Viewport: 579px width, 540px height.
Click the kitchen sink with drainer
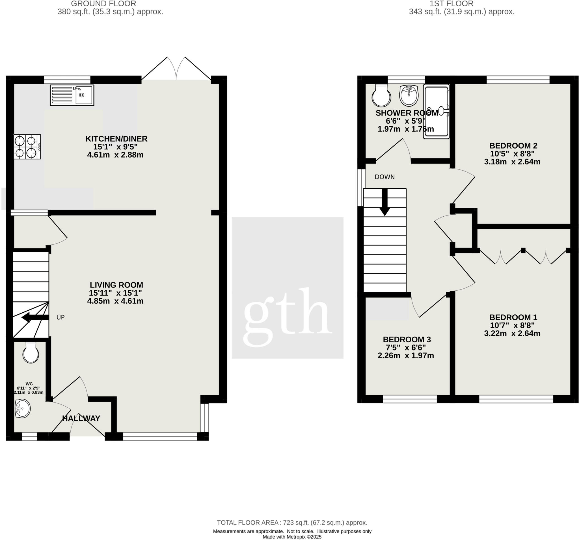[72, 95]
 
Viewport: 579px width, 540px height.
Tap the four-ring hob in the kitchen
[27, 147]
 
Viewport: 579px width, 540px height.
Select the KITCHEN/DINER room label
[116, 139]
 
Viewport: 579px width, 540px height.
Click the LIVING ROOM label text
[116, 285]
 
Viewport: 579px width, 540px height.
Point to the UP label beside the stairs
[60, 317]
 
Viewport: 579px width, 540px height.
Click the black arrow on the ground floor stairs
[35, 317]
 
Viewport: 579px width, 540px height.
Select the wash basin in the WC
[22, 408]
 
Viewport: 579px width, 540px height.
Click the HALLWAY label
[81, 418]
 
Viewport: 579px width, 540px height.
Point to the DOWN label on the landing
[384, 177]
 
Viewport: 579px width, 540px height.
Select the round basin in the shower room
[409, 96]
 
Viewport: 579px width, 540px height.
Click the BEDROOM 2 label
[513, 145]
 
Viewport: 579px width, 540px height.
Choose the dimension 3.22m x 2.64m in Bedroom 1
[512, 334]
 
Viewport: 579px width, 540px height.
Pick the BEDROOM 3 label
[407, 339]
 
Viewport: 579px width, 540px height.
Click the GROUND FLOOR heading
[103, 4]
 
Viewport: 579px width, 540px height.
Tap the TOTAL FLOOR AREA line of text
[292, 522]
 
